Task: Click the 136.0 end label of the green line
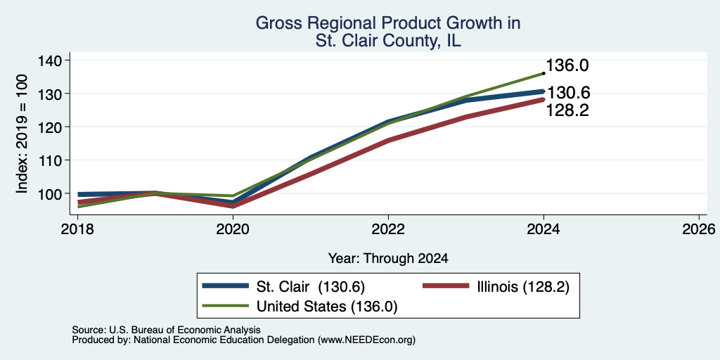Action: pyautogui.click(x=567, y=65)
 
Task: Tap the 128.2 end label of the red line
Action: pyautogui.click(x=567, y=110)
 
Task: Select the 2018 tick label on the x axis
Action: pyautogui.click(x=77, y=229)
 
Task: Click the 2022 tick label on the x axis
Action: pyautogui.click(x=388, y=229)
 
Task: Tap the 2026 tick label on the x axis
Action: pyautogui.click(x=698, y=229)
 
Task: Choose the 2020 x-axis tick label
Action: pyautogui.click(x=233, y=229)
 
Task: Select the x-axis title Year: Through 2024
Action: pyautogui.click(x=388, y=259)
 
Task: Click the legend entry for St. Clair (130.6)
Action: pyautogui.click(x=283, y=287)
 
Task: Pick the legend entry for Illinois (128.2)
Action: pyautogui.click(x=496, y=287)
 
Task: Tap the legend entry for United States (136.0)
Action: pyautogui.click(x=300, y=307)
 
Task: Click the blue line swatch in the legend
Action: pyautogui.click(x=225, y=287)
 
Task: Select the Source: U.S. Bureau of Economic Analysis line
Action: pyautogui.click(x=166, y=330)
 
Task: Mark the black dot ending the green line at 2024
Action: pyautogui.click(x=544, y=73)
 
